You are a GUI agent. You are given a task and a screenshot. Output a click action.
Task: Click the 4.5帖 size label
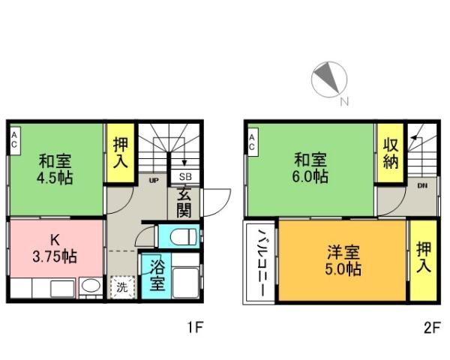coord(57,178)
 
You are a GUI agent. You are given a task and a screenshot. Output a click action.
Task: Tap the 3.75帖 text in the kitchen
coord(54,257)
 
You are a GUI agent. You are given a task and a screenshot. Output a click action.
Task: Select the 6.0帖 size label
coord(310,177)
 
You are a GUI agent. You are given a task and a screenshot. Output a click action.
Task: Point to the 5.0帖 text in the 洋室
coord(343,268)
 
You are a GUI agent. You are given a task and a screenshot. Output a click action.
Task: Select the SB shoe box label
coord(184,178)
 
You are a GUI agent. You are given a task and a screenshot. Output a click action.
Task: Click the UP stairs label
coord(153,181)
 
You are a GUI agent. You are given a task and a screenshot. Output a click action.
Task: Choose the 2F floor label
coord(430,328)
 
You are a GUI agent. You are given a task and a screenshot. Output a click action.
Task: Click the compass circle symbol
coord(328,79)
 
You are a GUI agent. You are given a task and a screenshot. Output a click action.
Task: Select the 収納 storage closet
coord(390,154)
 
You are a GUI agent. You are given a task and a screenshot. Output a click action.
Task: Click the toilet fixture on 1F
coord(181,238)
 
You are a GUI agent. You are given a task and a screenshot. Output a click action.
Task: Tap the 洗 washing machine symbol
coord(121,286)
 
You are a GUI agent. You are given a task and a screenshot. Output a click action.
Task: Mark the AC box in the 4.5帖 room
coord(15,139)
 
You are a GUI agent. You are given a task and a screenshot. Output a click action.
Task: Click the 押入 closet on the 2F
coord(422,257)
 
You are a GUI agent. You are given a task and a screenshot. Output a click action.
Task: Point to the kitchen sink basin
coord(90,286)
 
